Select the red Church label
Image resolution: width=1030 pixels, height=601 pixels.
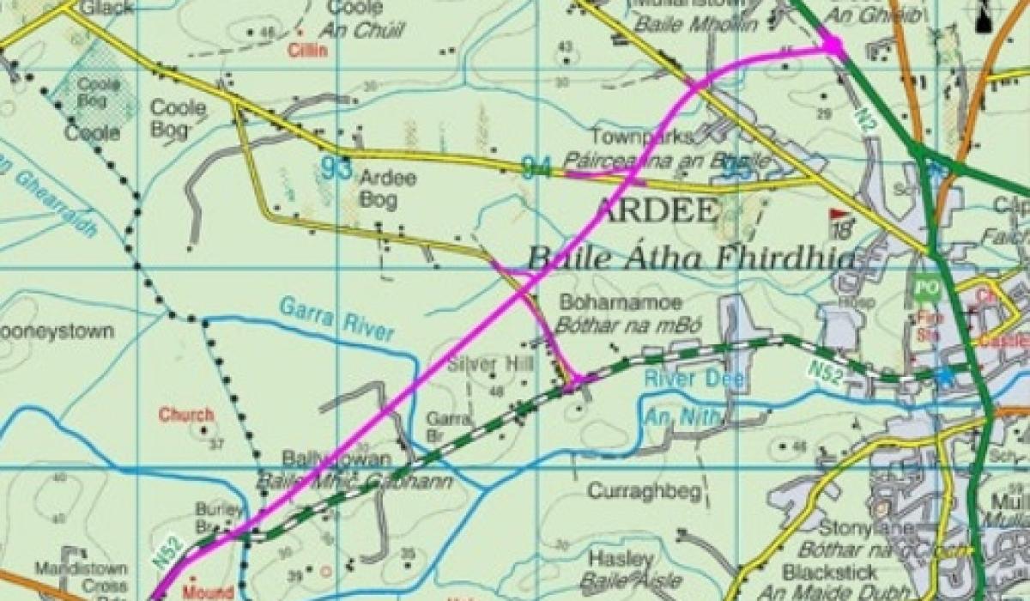[x=185, y=415]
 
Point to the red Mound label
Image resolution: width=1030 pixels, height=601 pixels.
[x=208, y=592]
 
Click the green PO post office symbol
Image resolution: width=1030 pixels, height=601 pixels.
[x=924, y=288]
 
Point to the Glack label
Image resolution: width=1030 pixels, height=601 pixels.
[x=107, y=7]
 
